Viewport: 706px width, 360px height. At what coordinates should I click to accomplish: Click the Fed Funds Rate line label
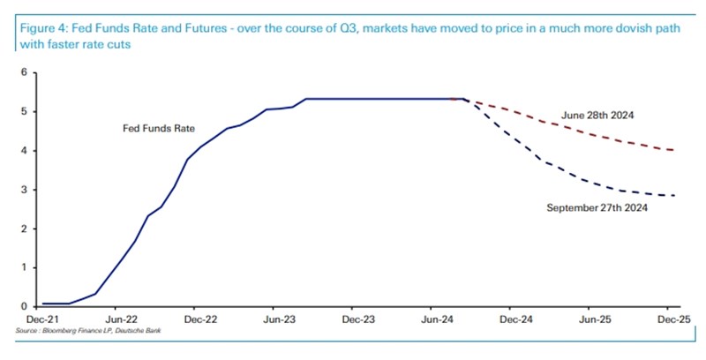159,129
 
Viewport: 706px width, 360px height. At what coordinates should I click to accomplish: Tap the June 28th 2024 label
597,115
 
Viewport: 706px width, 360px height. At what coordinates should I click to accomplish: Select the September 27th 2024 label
597,208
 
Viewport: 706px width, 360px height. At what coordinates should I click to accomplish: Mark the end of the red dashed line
675,150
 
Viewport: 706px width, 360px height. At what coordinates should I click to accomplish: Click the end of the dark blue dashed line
675,196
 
